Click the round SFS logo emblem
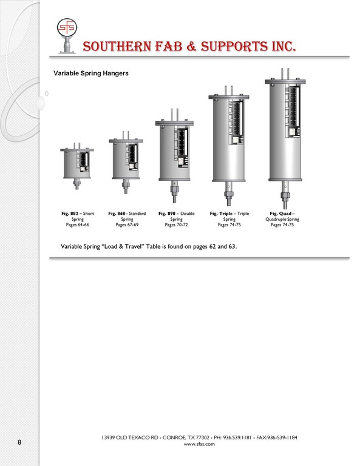(x=67, y=27)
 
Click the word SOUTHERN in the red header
(x=117, y=47)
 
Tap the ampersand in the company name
(x=192, y=47)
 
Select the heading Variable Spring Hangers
(x=91, y=73)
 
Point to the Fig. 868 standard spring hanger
(x=126, y=162)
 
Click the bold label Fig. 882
(x=70, y=214)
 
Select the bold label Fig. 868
(x=117, y=214)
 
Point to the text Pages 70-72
(x=176, y=225)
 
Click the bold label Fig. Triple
(x=221, y=214)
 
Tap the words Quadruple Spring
(x=282, y=219)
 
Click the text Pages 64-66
(x=78, y=225)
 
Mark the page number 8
(x=19, y=442)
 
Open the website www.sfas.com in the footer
(x=199, y=444)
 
